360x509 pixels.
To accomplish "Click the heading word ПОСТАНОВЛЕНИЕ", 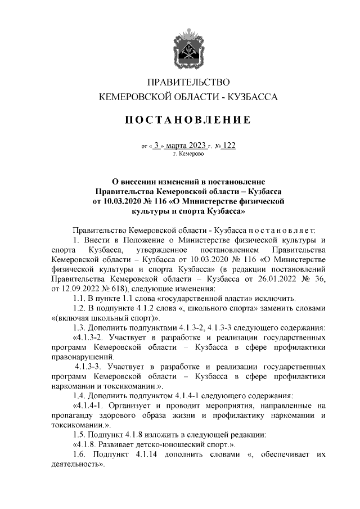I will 188,120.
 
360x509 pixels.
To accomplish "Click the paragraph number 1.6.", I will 80,455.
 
